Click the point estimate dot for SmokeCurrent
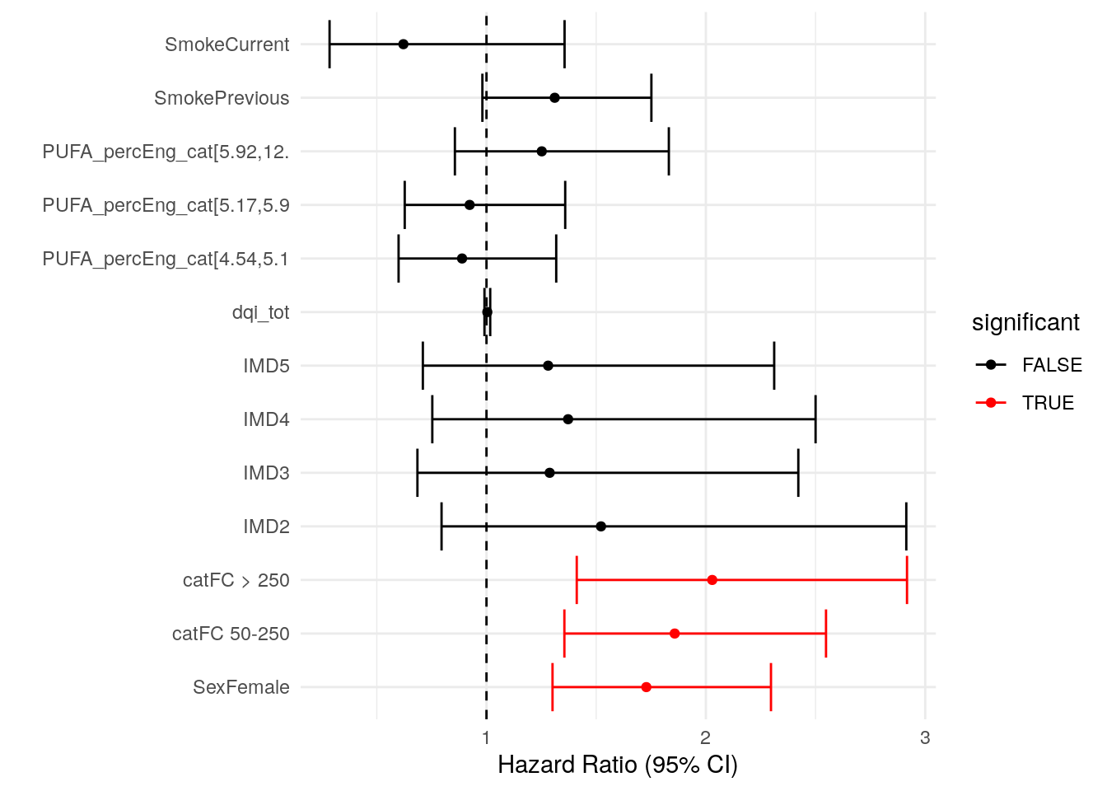coord(403,44)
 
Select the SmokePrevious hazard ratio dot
coord(554,98)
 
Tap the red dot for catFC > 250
coord(712,580)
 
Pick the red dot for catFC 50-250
coord(675,634)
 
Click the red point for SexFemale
coord(646,687)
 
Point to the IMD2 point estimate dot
coord(600,527)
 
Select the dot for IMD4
coord(568,419)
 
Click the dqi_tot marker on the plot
coord(487,312)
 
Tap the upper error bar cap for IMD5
coord(774,366)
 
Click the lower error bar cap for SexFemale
coord(553,687)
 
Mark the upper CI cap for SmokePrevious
coord(651,98)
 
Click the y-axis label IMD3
coord(266,473)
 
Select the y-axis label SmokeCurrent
coord(227,44)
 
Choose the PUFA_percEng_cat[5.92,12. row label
coord(166,152)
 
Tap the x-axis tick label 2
coord(705,737)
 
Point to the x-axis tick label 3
coord(925,737)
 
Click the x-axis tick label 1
coord(486,737)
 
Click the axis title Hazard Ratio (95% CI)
coord(618,765)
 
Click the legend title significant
coord(1025,322)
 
